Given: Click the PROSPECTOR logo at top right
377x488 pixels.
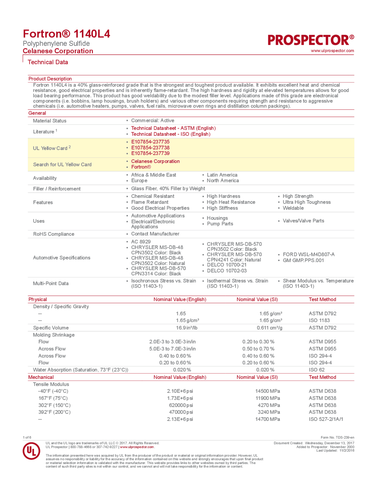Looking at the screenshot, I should (x=311, y=40).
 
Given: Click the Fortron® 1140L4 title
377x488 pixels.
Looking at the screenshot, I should (x=67, y=34).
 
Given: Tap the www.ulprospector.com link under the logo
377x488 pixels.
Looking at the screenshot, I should (x=332, y=51).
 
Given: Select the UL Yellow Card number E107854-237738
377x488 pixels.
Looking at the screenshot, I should (x=150, y=148).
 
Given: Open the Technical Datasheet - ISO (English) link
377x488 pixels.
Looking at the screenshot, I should (x=171, y=134).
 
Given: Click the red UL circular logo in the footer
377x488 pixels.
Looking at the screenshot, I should (x=32, y=451).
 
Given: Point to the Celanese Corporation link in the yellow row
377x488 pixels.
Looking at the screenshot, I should (x=155, y=161).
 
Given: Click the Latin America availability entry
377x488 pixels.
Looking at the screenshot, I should (x=222, y=175).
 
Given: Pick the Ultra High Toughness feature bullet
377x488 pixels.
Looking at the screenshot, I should (x=306, y=202).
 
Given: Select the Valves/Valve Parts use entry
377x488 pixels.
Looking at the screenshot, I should (x=303, y=221).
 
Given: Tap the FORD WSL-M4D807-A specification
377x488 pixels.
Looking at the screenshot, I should (x=308, y=254).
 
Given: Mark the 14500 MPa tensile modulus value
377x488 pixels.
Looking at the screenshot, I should (x=267, y=391).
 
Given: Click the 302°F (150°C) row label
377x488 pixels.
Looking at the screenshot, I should (x=54, y=405).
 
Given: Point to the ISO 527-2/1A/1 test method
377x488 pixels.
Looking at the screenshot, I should (x=326, y=419).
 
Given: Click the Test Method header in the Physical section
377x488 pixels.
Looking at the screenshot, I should (x=322, y=299).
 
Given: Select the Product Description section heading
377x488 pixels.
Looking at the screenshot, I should (x=50, y=79).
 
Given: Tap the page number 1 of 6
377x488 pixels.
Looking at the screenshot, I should (x=27, y=437).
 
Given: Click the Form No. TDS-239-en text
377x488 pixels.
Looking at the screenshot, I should (x=337, y=437).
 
